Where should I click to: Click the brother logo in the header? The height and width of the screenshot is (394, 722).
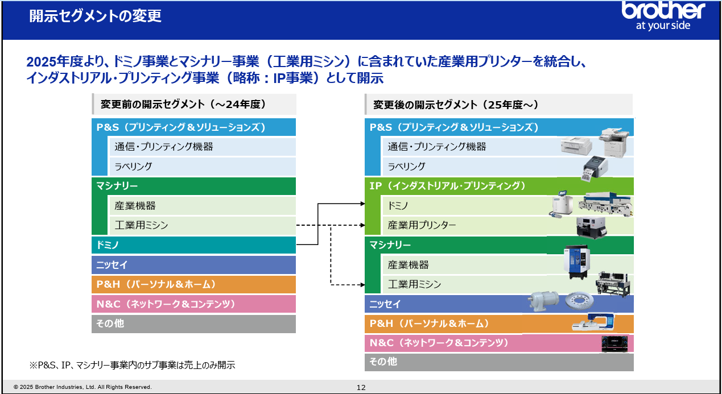[663, 15]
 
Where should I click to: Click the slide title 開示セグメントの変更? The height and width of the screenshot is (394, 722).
[96, 16]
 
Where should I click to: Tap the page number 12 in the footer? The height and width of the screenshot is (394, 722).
[361, 387]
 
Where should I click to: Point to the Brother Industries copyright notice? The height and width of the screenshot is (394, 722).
[82, 387]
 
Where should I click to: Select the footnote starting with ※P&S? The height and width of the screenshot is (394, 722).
[132, 365]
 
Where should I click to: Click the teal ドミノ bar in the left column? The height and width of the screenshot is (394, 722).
[193, 245]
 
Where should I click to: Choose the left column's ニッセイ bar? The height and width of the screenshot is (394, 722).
[193, 265]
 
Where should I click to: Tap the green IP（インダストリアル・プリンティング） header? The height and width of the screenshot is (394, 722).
[499, 186]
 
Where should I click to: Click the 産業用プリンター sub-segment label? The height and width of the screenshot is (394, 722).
[422, 225]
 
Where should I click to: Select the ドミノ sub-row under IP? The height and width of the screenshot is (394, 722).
[508, 206]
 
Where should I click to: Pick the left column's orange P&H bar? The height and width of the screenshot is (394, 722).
[193, 284]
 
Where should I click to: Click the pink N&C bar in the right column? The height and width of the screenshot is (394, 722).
[499, 343]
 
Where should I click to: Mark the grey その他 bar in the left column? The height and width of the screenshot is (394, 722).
[193, 324]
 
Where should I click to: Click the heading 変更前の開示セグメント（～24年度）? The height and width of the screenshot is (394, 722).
[183, 105]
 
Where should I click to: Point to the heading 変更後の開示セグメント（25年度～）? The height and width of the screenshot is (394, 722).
[455, 105]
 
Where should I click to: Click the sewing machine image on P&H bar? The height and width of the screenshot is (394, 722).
[593, 322]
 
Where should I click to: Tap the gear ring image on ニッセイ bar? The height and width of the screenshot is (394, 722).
[579, 301]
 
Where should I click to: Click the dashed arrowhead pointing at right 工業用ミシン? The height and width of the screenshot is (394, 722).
[362, 285]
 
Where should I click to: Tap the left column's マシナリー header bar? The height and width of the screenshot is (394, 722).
[193, 186]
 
